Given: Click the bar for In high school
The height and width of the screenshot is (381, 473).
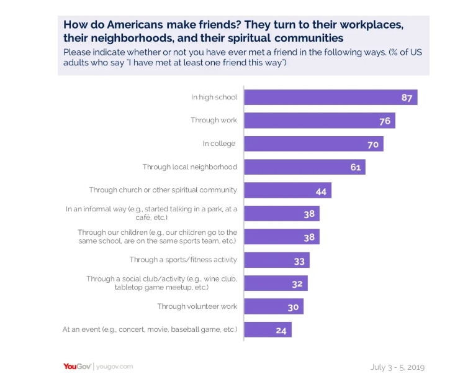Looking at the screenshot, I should coord(330,98).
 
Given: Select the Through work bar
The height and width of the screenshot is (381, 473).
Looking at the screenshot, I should coord(319,121).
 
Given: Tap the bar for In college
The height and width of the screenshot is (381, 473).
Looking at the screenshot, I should coord(313,144).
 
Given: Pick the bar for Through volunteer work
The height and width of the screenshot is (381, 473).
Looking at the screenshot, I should coord(274,306).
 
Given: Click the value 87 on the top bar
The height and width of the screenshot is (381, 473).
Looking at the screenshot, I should coord(407,98).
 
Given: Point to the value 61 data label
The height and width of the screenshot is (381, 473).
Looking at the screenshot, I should coord(355,167).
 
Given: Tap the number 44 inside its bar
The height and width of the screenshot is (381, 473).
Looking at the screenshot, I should coord(321,191).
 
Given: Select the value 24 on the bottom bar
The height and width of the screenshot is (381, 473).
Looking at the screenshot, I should coord(281,330).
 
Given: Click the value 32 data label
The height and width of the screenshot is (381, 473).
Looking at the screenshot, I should coord(297,283).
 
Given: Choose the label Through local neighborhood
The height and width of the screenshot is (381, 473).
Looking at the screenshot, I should coord(189,167).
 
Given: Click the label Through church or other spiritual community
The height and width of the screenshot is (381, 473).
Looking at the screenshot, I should coord(163,190).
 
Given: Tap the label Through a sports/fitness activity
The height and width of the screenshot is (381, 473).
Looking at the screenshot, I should coord(183,260).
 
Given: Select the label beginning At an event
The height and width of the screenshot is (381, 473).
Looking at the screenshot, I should coord(149,329).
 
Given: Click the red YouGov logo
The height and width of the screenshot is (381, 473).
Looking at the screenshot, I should coord(77,366).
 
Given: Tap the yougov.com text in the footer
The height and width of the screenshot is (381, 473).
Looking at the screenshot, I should coord(115,367).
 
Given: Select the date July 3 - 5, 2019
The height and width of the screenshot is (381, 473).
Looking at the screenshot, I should coord(397,367).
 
